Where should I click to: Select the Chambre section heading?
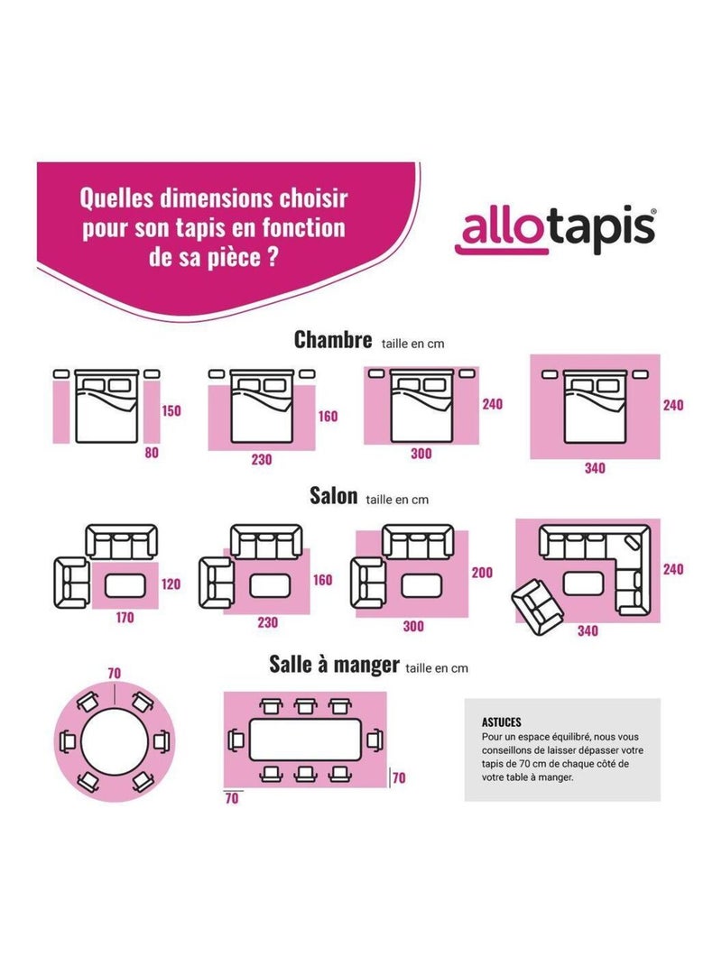click(333, 340)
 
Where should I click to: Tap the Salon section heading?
click(333, 496)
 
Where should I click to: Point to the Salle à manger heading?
click(334, 665)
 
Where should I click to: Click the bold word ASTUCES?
click(502, 722)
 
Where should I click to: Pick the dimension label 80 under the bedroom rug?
click(151, 454)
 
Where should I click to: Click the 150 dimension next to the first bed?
click(171, 411)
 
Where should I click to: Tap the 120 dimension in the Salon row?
click(171, 584)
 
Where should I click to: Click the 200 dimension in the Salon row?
click(482, 573)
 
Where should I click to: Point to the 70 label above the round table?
click(114, 673)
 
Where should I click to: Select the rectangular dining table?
click(305, 740)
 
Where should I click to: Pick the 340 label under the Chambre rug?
click(595, 468)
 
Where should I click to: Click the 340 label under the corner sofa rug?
click(588, 631)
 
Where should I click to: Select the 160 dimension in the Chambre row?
click(328, 417)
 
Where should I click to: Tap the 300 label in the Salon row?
click(413, 626)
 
